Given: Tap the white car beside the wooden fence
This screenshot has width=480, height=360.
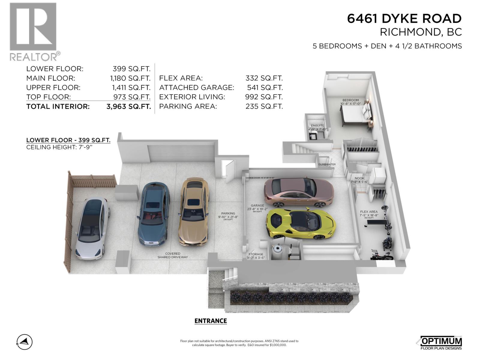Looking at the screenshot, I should (92, 228).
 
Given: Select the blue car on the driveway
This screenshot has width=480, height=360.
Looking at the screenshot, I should (153, 214).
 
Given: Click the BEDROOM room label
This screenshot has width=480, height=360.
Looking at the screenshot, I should (350, 100).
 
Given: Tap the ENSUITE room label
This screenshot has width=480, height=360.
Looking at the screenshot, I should (317, 126).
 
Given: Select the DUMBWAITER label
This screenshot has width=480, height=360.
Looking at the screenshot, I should (327, 164).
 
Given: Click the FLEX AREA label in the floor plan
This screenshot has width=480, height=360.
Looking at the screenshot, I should (369, 211).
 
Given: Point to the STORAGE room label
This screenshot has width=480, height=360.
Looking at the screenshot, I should (256, 254).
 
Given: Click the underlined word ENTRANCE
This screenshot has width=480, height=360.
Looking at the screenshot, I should (211, 321).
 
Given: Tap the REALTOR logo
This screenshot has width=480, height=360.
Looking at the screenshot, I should (34, 31).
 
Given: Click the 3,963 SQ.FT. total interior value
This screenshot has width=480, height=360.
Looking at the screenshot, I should (128, 106).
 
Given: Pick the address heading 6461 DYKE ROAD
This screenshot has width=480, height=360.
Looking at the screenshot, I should (404, 19).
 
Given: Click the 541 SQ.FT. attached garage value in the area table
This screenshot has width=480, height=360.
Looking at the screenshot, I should (265, 88).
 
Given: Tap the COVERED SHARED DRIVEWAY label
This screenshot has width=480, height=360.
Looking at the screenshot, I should (173, 255).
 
